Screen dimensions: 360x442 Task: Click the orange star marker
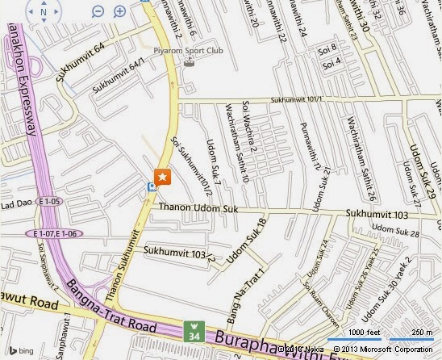point(162,177)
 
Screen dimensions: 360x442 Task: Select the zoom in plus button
point(120,11)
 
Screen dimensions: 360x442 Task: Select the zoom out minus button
point(98,11)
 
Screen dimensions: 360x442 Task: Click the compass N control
point(42,12)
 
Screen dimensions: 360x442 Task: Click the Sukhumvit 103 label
point(373,215)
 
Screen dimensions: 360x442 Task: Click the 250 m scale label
point(419,333)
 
